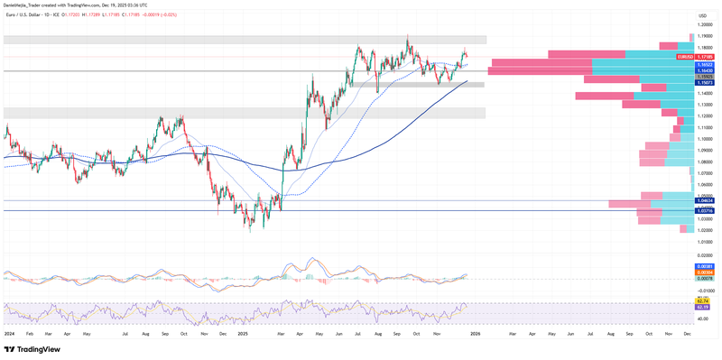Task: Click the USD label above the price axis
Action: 703,15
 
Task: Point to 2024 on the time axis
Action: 9,333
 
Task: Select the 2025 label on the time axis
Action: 243,333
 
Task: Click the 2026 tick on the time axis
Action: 475,333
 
